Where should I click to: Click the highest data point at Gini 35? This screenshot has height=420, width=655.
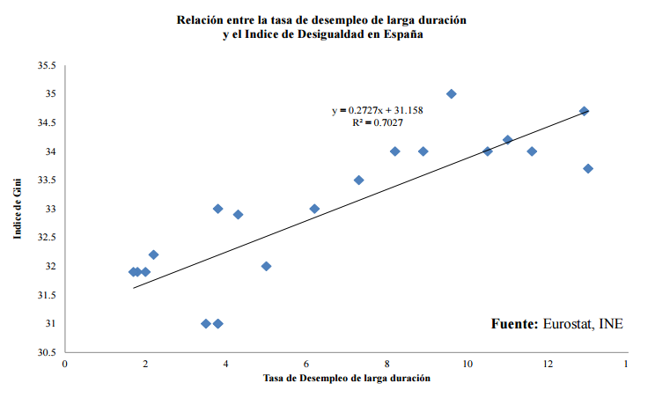(452, 94)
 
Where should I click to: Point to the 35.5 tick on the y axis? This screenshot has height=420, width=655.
(47, 66)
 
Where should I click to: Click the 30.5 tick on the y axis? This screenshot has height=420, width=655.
(47, 352)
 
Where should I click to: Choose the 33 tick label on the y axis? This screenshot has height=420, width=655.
(50, 210)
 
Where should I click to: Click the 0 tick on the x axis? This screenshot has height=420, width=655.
(65, 364)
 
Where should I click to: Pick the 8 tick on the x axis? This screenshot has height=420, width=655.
(387, 364)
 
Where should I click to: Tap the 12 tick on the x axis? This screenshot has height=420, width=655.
(548, 364)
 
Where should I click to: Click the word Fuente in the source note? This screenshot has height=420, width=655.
(514, 324)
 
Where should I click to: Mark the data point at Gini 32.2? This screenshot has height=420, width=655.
(153, 254)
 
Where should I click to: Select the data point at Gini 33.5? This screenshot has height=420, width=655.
(358, 181)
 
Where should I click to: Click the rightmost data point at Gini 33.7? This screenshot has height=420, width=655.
(588, 169)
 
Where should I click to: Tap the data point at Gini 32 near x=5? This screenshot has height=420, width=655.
(266, 266)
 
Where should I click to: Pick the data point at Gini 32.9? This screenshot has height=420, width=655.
(238, 215)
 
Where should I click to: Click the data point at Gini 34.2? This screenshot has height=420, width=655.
(507, 140)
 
